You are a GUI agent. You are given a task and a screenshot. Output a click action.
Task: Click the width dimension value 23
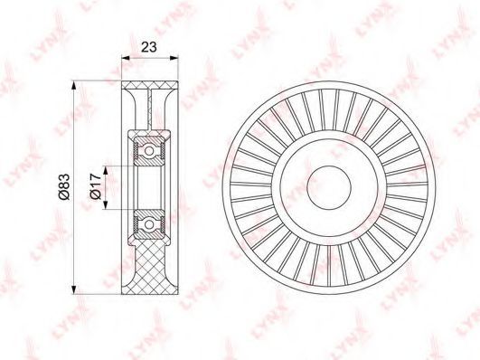[149, 47]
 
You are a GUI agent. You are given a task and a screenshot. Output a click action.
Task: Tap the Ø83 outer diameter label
[64, 187]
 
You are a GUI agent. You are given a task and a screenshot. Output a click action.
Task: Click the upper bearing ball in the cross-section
[149, 151]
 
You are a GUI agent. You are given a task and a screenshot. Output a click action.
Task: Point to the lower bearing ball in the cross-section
[149, 224]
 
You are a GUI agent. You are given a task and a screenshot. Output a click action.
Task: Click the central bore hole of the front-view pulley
[328, 188]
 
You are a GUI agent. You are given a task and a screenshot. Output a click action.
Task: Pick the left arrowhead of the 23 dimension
[126, 57]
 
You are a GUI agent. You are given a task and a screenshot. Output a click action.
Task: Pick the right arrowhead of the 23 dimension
[174, 57]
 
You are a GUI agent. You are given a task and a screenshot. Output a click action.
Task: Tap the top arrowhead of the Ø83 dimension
[73, 85]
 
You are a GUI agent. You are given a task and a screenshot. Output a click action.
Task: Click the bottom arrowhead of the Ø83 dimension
[73, 289]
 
